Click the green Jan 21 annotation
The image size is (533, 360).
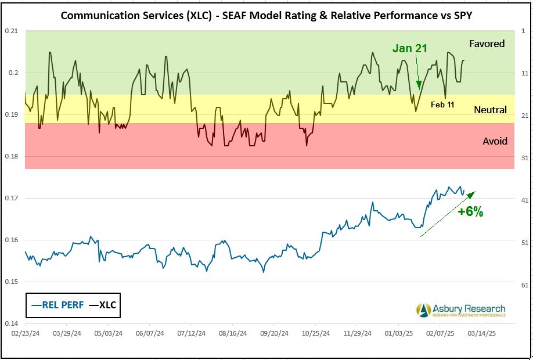click(410, 48)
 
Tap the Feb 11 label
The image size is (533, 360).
click(442, 105)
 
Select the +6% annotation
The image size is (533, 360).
click(470, 212)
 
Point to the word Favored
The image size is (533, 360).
click(487, 44)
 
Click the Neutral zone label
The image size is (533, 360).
click(490, 110)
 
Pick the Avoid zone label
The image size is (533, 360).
click(495, 141)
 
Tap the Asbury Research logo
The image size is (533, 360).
click(461, 310)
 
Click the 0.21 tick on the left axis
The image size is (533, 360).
click(12, 31)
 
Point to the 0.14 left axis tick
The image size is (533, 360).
click(12, 323)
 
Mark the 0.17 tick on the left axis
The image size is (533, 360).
click(12, 198)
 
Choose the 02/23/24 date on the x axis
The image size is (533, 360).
click(26, 334)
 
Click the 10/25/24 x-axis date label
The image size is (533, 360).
click(316, 334)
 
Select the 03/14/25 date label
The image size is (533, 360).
click(482, 334)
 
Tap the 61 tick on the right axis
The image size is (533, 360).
click(524, 285)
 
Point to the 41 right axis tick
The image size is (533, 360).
click(524, 200)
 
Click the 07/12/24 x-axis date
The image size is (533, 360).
click(192, 334)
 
